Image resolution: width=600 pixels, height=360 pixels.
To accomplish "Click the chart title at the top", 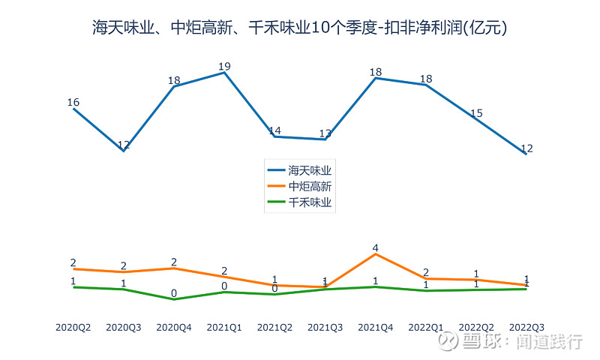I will click(x=300, y=28).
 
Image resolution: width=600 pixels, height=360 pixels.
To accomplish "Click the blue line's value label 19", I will click(x=224, y=67).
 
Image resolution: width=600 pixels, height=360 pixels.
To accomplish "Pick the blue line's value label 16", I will click(x=73, y=103).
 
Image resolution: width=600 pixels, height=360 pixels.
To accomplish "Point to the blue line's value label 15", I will click(x=476, y=113).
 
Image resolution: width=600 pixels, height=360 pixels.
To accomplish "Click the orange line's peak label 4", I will click(x=376, y=247).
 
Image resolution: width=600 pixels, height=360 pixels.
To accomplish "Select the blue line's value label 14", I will click(x=274, y=130).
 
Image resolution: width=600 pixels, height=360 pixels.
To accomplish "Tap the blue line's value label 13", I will click(x=325, y=133).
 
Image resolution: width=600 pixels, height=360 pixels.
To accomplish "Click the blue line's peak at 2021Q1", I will click(x=224, y=73).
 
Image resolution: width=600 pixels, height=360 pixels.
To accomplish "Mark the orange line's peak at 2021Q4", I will click(x=376, y=254).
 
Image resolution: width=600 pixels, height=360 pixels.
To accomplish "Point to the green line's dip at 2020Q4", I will click(x=174, y=299).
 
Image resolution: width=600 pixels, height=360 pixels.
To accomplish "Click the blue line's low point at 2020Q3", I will click(x=124, y=151).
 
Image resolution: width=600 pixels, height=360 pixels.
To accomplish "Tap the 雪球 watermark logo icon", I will click(x=448, y=341).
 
